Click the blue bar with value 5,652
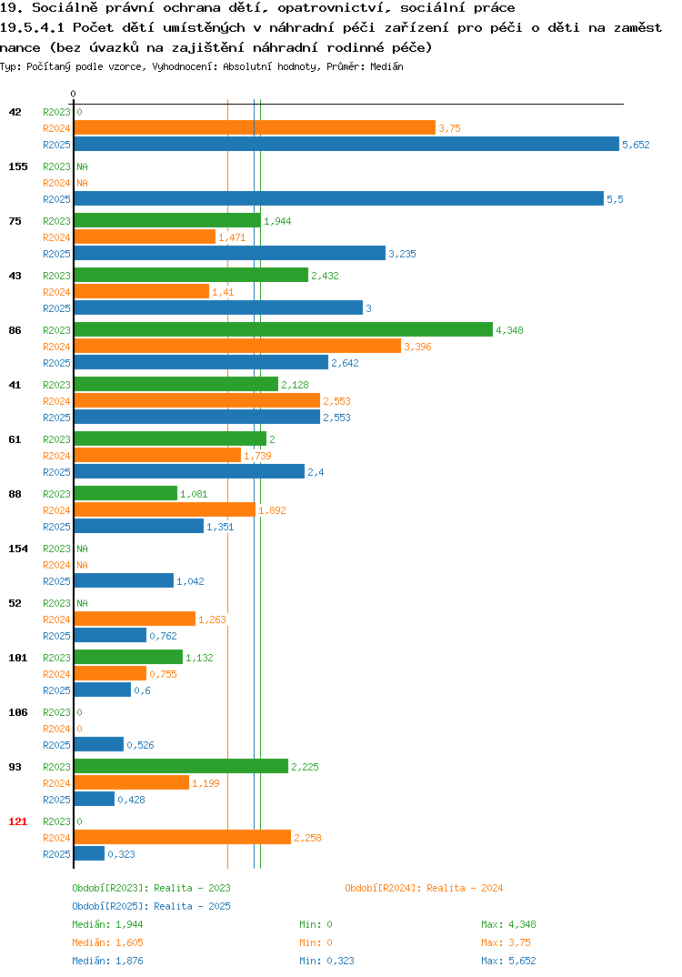(x=346, y=144)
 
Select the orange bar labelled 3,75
(x=255, y=127)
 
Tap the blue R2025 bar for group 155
(x=339, y=198)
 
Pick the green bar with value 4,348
(x=284, y=329)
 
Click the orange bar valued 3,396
(x=237, y=346)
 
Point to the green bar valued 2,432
(x=191, y=275)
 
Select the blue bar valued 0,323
(x=89, y=853)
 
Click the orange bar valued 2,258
(x=183, y=838)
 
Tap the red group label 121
(x=18, y=821)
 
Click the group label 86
(x=15, y=330)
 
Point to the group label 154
(x=18, y=549)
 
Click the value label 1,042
(x=191, y=581)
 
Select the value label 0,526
(x=141, y=745)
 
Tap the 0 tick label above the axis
(x=74, y=94)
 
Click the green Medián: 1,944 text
(x=107, y=924)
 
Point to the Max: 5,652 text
(x=509, y=961)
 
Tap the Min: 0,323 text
(x=327, y=961)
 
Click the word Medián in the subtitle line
(x=386, y=66)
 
